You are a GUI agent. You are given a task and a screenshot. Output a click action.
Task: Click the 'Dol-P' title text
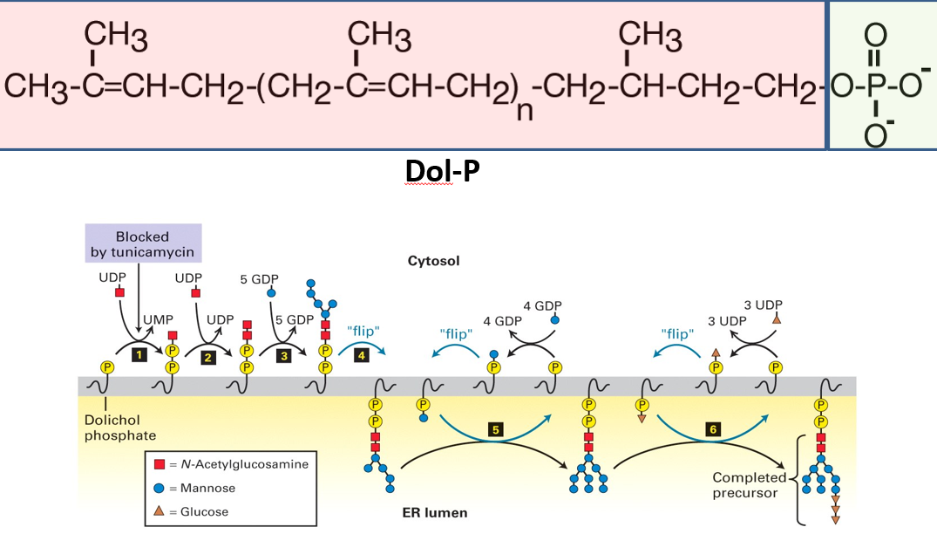[x=442, y=172]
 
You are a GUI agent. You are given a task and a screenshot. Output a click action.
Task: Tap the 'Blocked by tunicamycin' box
[x=143, y=243]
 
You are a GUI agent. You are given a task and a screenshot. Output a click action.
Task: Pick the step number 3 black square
[x=283, y=356]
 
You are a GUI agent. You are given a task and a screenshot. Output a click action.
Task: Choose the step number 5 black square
[x=494, y=429]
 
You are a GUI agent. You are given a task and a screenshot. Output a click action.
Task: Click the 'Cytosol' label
[x=433, y=261]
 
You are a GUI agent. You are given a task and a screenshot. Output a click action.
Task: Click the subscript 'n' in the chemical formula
[x=524, y=113]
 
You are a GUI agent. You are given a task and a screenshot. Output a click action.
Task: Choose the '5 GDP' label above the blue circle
[x=258, y=279]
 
